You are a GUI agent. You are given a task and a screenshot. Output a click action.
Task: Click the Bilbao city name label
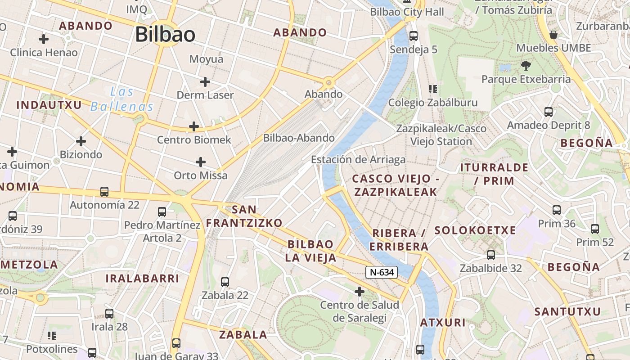point(165,35)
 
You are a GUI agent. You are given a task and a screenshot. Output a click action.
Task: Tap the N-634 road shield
point(381,272)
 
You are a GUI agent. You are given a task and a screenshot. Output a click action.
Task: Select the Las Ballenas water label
point(122,99)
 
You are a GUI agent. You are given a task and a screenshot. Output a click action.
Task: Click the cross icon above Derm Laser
point(205,82)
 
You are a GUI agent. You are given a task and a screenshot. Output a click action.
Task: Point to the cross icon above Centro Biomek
point(194,127)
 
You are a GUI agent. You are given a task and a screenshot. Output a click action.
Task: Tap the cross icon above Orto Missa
point(201,162)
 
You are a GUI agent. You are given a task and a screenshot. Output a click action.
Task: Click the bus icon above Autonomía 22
point(104,192)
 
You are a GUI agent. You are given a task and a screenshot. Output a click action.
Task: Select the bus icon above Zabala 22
point(225,282)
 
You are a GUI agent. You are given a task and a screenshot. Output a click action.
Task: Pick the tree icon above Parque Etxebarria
point(525,66)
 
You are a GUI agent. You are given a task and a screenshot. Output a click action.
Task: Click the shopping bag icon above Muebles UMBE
point(553,35)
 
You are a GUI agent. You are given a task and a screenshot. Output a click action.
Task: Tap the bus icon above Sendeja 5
point(414,36)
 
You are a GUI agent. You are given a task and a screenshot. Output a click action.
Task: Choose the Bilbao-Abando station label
point(299,138)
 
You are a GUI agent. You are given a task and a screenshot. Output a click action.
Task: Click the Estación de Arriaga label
point(358,159)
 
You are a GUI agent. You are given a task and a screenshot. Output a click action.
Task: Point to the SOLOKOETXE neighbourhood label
point(475,230)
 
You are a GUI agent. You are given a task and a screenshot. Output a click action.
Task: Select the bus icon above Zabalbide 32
point(491,255)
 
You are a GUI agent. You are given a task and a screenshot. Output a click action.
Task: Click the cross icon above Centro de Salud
point(359,292)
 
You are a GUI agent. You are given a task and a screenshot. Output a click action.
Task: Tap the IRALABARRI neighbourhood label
point(142,278)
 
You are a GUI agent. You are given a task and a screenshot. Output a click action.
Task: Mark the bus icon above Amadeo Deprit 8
point(549,112)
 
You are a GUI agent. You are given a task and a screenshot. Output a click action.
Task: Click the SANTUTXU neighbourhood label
point(567,311)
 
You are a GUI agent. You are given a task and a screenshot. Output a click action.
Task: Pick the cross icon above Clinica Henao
point(44,39)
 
